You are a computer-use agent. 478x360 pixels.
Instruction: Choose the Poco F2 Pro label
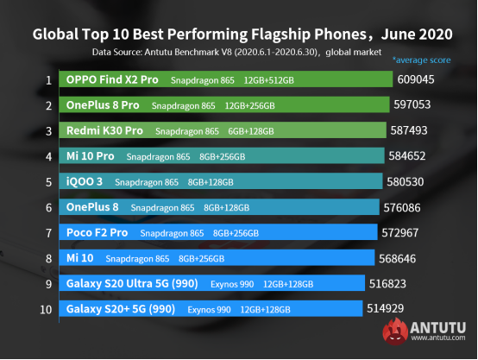[97, 232]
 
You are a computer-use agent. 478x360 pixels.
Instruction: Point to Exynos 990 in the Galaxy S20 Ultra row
[230, 283]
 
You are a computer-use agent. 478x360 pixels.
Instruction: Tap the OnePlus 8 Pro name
[103, 106]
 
